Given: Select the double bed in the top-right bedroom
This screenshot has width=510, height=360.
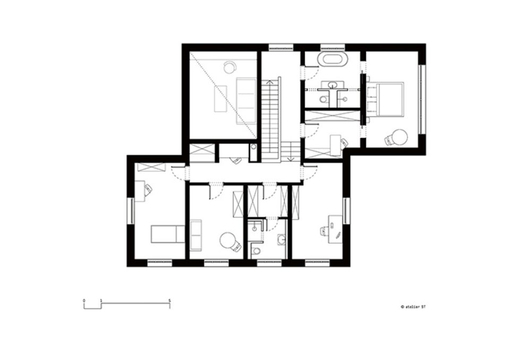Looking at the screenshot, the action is pos(386,99).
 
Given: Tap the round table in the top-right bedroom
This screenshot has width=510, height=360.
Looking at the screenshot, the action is pos(399,137).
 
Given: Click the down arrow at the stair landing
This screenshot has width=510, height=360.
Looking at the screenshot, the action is pos(291,159).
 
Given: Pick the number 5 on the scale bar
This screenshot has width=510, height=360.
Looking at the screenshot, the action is pos(170,299).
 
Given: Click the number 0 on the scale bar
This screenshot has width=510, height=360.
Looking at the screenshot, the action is pos(84,299).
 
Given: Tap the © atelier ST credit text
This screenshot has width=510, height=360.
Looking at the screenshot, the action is pos(413,307).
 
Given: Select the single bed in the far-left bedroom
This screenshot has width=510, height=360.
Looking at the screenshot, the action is pos(168,234).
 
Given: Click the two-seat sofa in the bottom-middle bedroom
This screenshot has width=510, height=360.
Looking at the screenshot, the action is pos(196,235).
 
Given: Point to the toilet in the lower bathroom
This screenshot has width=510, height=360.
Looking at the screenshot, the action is pos(256,251).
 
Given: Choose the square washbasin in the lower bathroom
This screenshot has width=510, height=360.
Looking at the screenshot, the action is pos(282,239).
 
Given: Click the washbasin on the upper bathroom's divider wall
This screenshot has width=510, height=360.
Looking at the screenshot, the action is pos(332,85).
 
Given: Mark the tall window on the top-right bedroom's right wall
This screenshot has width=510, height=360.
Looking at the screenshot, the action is pos(422,99).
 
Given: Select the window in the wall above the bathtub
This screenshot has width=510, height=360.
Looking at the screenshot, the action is pos(333,47).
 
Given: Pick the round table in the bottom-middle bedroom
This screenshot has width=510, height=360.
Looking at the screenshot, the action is pos(227,241).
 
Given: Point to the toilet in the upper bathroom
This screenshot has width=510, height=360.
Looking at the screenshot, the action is pos(323,99).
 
